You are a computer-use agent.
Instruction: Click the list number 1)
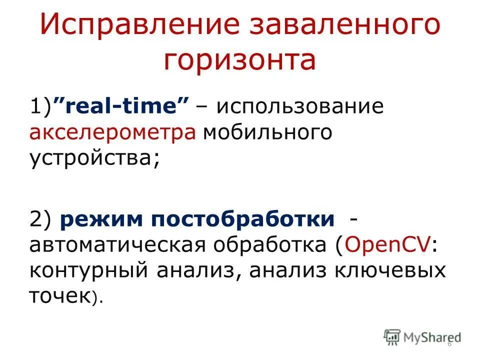tap(41, 107)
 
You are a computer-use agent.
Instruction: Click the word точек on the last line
tap(59, 296)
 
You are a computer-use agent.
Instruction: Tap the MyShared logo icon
tap(392, 336)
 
